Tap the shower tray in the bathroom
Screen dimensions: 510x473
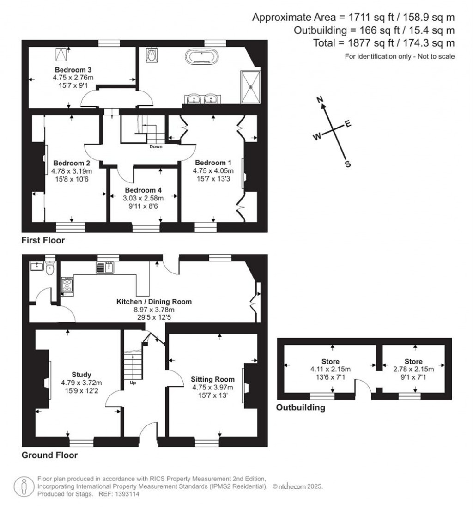tap(250, 86)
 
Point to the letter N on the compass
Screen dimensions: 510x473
tap(319, 100)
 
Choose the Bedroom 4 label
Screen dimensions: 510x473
tap(143, 190)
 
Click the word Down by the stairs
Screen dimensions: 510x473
tap(156, 147)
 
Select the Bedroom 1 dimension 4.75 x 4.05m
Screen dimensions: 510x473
tap(213, 170)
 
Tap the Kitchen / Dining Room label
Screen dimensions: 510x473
tap(154, 302)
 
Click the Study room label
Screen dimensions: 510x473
tap(81, 375)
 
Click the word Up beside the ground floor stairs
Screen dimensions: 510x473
tap(133, 383)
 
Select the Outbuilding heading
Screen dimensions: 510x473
tap(300, 407)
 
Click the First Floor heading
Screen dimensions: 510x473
tap(43, 240)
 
